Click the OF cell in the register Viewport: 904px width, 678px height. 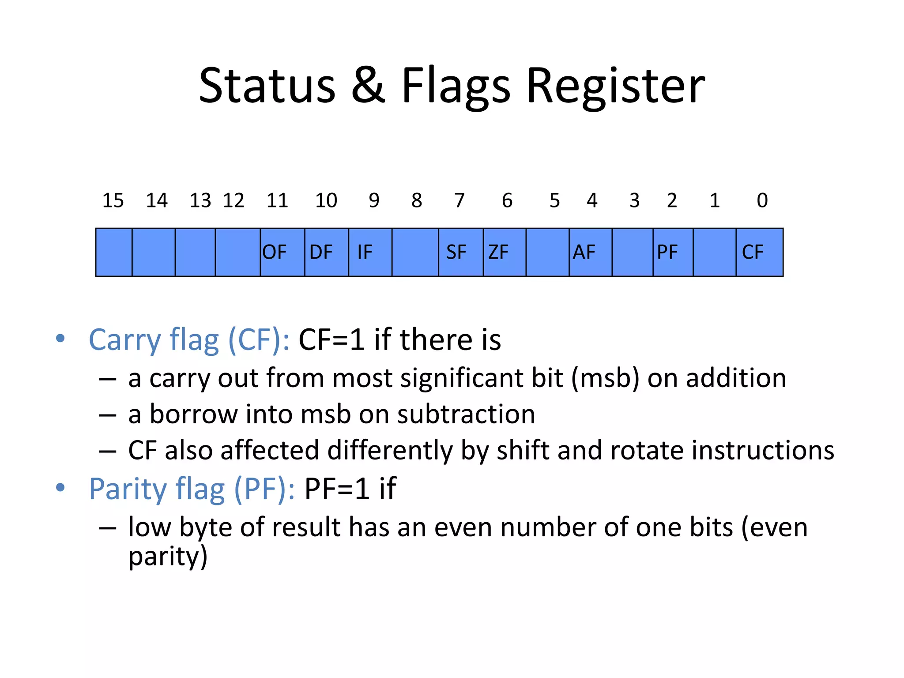click(282, 252)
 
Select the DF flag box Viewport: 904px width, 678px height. click(326, 252)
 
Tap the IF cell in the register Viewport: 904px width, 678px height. click(370, 252)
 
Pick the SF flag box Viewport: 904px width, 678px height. click(460, 252)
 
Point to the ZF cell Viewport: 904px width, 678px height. click(504, 252)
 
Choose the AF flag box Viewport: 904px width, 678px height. click(590, 252)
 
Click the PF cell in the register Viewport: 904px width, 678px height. click(673, 252)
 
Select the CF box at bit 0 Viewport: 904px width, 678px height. click(759, 252)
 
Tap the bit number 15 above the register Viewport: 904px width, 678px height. click(113, 201)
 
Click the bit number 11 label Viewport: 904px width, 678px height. click(277, 201)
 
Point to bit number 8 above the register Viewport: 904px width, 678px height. click(417, 201)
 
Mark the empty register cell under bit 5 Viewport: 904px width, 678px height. click(547, 252)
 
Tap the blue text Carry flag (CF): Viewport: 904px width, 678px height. click(189, 340)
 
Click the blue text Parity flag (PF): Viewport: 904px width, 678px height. click(192, 490)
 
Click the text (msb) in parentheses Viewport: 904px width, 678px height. click(605, 379)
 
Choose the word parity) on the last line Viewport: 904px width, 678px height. click(168, 557)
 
